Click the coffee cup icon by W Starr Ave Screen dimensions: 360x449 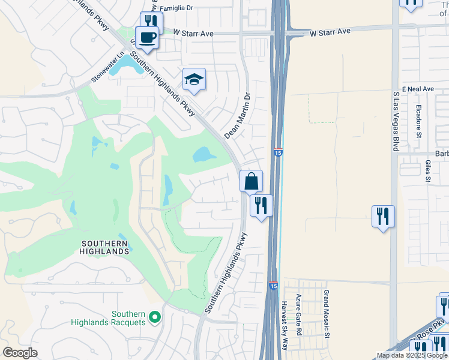tap(148, 37)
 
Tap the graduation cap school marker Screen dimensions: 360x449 tap(194, 79)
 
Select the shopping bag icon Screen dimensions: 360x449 tap(251, 181)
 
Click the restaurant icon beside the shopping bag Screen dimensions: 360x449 tap(261, 205)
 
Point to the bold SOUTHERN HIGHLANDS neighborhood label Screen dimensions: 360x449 tap(104, 247)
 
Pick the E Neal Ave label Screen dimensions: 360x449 tap(418, 89)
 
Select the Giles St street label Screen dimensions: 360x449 tap(428, 170)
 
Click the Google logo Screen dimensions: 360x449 tap(20, 353)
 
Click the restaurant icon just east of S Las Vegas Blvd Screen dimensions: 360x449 tap(383, 216)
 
